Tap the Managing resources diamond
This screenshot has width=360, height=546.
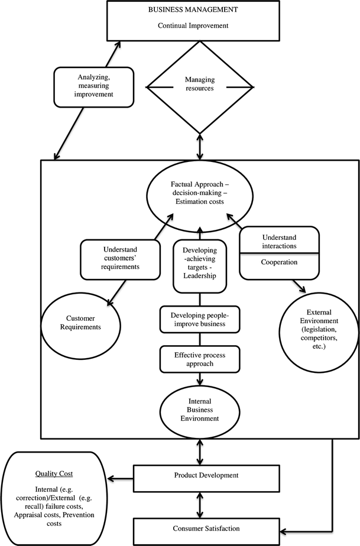pos(199,87)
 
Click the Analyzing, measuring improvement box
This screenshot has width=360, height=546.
pos(85,85)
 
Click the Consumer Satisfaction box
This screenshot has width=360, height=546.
pos(199,528)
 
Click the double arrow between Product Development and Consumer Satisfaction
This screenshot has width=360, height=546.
pos(199,502)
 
